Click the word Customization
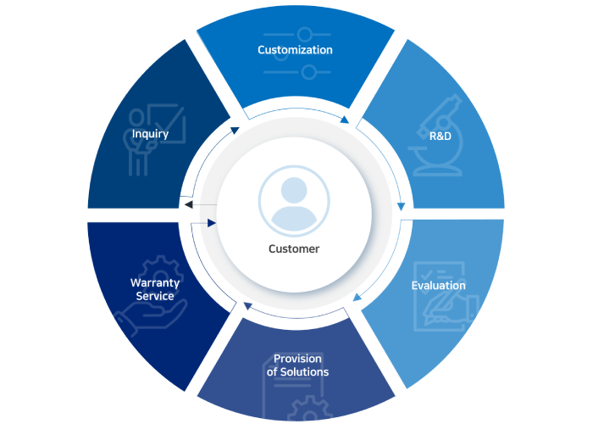point(295,50)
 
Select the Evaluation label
point(438,286)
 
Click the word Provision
point(297,359)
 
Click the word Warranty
point(152,282)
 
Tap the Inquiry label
point(150,134)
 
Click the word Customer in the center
point(294,248)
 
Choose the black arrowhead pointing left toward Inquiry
point(188,204)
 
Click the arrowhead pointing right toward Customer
point(211,223)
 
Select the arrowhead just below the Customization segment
point(344,120)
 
